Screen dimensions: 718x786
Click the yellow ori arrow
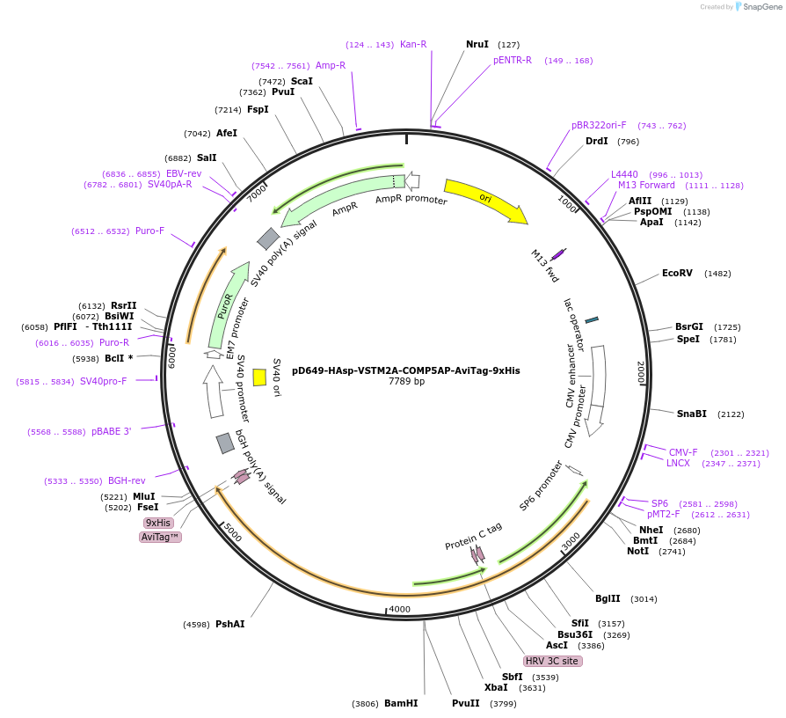(x=484, y=199)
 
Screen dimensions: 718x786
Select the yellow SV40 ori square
(x=259, y=377)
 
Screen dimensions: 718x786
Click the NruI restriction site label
(x=477, y=44)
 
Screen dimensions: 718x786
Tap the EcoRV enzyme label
(x=677, y=273)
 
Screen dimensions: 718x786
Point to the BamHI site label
(x=401, y=703)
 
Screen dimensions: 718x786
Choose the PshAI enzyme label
(x=230, y=624)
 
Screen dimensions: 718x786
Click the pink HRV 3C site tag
(x=552, y=661)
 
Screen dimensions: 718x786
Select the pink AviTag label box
(x=161, y=537)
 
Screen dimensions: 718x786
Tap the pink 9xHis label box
(x=158, y=523)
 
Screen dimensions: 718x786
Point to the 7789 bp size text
(x=406, y=382)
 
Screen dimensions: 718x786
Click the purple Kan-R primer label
(x=413, y=44)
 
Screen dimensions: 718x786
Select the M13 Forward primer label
(x=646, y=185)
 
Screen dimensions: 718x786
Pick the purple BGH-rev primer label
(x=127, y=480)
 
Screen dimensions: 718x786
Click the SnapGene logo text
(x=759, y=7)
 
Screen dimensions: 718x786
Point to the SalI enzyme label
(x=207, y=158)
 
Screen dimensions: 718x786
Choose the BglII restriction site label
(x=608, y=598)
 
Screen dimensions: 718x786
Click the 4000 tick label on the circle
(x=399, y=609)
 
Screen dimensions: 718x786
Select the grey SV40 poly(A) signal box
(x=268, y=238)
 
